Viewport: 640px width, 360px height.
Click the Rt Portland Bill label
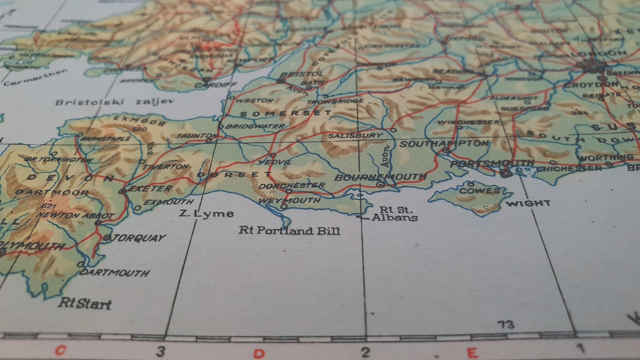pyautogui.click(x=289, y=231)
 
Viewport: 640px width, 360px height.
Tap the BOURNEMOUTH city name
pyautogui.click(x=380, y=177)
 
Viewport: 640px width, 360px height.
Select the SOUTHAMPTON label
pyautogui.click(x=444, y=144)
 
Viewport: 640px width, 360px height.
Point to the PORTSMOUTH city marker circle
pyautogui.click(x=505, y=174)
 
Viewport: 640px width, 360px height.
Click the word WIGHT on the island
pyautogui.click(x=528, y=203)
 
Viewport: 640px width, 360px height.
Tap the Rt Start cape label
pyautogui.click(x=85, y=303)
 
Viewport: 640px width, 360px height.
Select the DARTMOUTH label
pyautogui.click(x=114, y=273)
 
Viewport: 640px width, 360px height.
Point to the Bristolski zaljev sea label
pyautogui.click(x=115, y=102)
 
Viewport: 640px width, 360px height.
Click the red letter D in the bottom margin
pyautogui.click(x=259, y=354)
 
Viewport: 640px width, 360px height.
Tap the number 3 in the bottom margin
pyautogui.click(x=161, y=352)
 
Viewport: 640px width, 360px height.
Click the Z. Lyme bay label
pyautogui.click(x=206, y=213)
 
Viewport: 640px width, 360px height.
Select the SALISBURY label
pyautogui.click(x=355, y=135)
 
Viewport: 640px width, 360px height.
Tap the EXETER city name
pyautogui.click(x=151, y=188)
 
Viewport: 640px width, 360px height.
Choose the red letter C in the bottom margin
pyautogui.click(x=60, y=350)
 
